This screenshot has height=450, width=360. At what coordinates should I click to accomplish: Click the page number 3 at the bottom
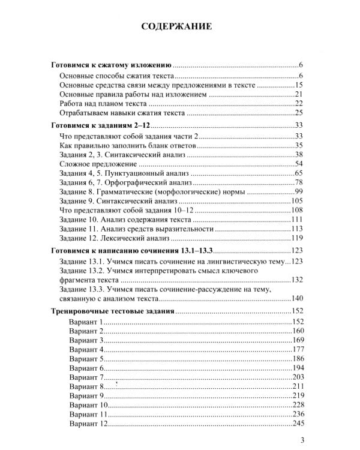click(x=302, y=440)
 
